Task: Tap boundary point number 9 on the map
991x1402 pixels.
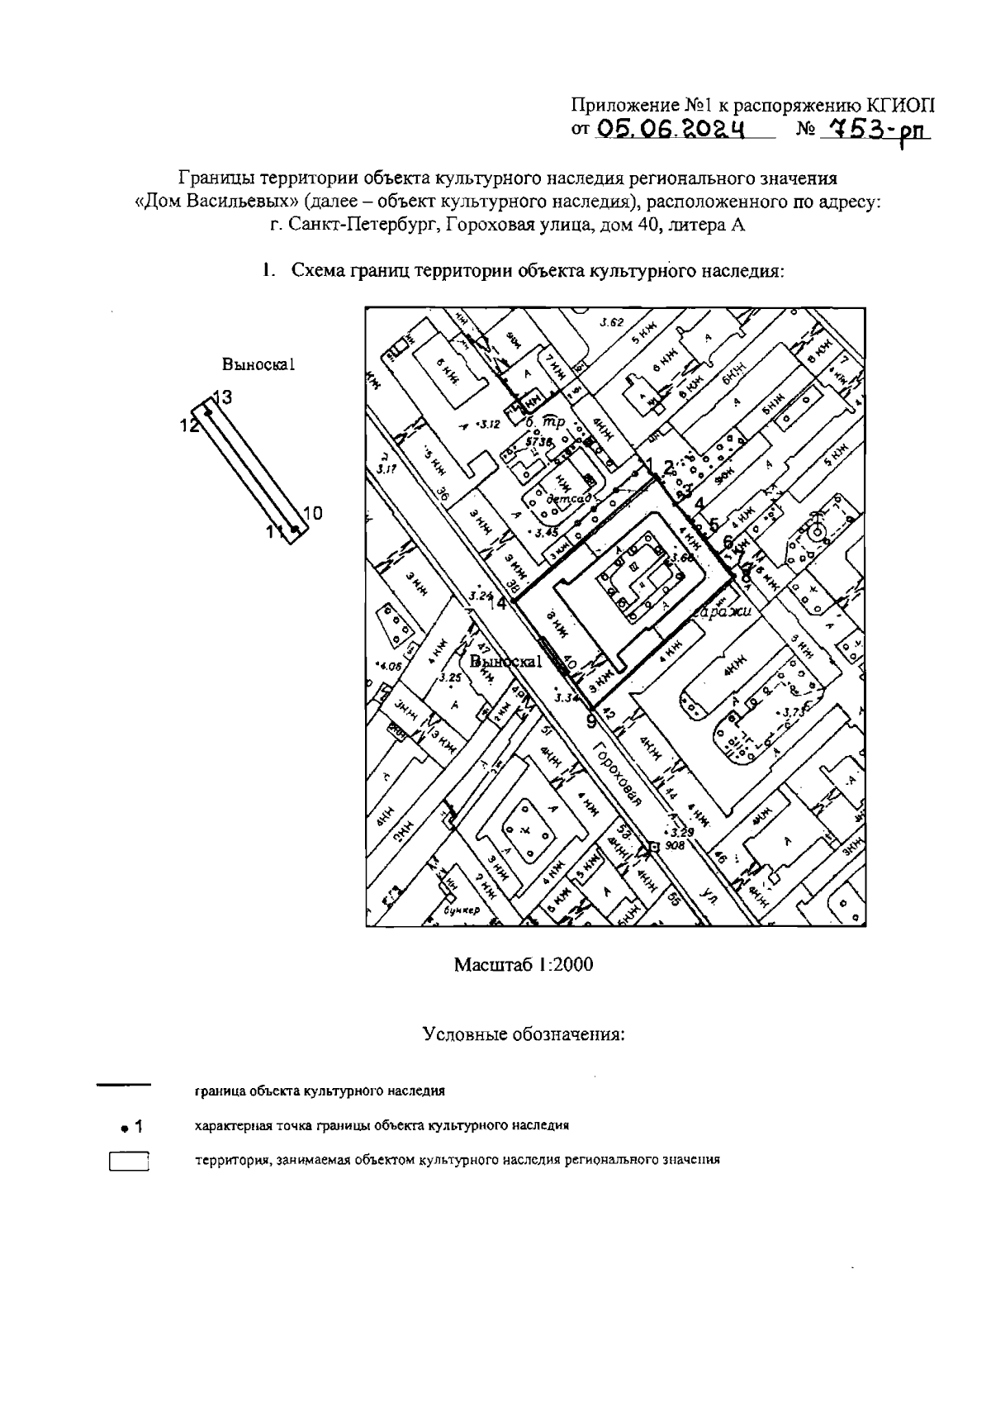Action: (x=590, y=721)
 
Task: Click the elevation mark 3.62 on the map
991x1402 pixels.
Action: (x=611, y=323)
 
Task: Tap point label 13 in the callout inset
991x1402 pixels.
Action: (x=222, y=397)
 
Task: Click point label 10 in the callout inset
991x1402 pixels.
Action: (x=312, y=514)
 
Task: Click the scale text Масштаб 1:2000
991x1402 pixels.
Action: (x=524, y=964)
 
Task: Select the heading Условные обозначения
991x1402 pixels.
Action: (x=524, y=1034)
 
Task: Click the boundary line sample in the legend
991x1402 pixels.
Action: (x=124, y=1084)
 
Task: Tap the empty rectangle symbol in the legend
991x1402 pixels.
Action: (x=128, y=1162)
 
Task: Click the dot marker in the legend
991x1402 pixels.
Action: (x=123, y=1127)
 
